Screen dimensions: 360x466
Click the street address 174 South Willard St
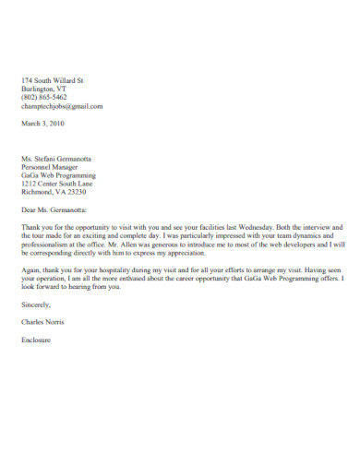tap(52, 79)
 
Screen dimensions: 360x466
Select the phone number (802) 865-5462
tap(43, 97)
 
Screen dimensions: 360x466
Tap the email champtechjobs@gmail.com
tap(62, 106)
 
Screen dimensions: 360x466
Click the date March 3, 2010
tap(43, 123)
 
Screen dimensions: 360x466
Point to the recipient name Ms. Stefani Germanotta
tap(63, 158)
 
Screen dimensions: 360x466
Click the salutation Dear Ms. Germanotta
tap(59, 210)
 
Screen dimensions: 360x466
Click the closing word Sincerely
tap(36, 305)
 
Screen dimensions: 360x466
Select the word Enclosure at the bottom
tap(37, 340)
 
